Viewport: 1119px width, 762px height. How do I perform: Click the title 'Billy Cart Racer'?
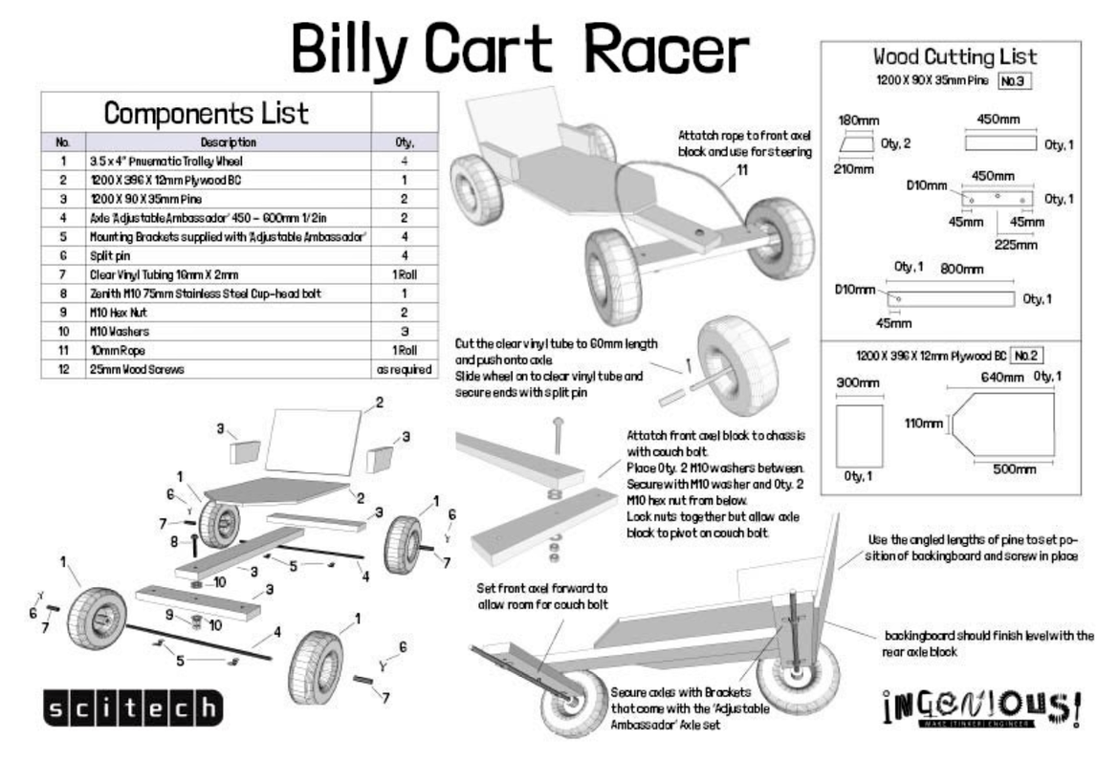[521, 46]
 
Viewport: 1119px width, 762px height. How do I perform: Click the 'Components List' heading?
[206, 114]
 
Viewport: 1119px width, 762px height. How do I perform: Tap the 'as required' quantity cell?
[405, 368]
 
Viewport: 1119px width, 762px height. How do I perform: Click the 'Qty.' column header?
[405, 142]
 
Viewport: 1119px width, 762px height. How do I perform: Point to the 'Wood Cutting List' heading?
[954, 57]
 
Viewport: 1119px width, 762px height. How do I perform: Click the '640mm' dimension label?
[1001, 377]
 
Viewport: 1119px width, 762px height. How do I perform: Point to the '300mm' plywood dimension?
[857, 382]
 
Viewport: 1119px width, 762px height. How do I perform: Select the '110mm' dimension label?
[923, 422]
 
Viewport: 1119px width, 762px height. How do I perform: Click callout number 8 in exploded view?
[175, 540]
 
